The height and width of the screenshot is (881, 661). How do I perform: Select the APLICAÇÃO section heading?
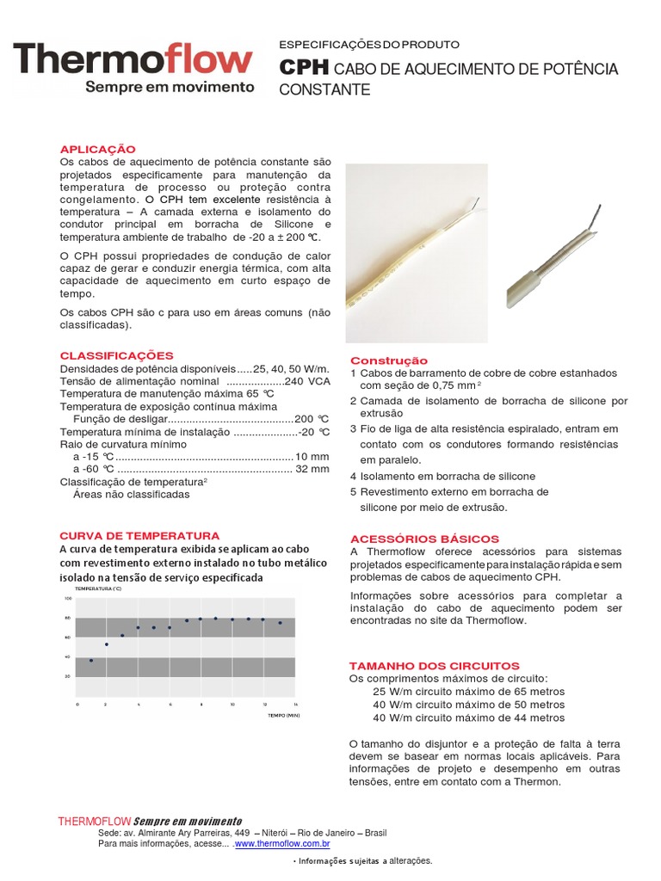[x=97, y=149]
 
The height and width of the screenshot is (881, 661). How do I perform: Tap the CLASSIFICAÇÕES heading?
[x=116, y=355]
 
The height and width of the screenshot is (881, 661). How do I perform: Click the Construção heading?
[x=389, y=360]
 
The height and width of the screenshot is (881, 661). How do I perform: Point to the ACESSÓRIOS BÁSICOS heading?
[x=424, y=539]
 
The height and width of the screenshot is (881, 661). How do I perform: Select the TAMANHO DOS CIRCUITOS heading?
[x=434, y=666]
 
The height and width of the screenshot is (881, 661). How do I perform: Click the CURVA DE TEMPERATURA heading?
[x=139, y=535]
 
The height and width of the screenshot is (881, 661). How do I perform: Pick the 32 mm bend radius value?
[x=312, y=469]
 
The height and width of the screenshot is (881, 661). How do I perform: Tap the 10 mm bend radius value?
[x=312, y=456]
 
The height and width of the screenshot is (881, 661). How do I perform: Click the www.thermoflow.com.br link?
[x=282, y=844]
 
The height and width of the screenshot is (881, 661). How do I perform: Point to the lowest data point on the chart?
[x=91, y=660]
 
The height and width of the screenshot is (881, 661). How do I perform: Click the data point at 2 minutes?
[x=107, y=644]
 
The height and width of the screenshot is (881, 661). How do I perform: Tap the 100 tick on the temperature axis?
[x=68, y=598]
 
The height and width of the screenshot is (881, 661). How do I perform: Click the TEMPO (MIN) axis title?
[x=282, y=715]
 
